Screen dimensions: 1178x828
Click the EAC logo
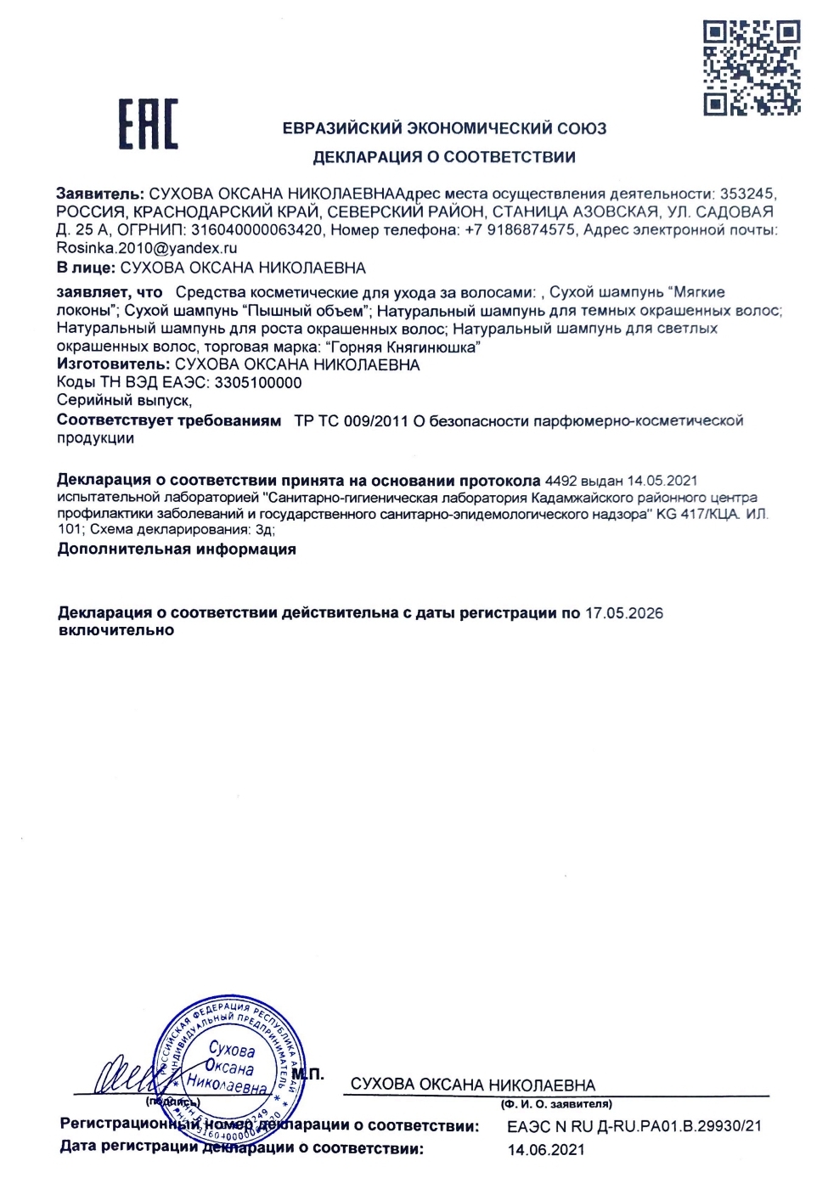(148, 125)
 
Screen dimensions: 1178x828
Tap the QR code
(752, 68)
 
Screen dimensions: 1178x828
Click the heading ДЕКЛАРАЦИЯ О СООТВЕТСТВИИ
(444, 157)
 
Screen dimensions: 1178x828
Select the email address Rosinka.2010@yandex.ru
(147, 248)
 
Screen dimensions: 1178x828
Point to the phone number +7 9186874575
(520, 230)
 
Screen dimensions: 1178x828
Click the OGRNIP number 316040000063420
(256, 230)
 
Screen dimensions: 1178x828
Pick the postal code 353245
(747, 194)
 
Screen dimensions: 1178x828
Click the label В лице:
(86, 268)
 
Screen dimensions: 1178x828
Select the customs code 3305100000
(258, 383)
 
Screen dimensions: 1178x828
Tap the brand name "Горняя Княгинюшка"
(403, 347)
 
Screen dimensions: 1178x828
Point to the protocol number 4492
(560, 481)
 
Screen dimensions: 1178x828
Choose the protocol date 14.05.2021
(662, 481)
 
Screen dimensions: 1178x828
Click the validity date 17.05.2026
(624, 613)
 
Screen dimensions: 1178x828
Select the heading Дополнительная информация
(177, 550)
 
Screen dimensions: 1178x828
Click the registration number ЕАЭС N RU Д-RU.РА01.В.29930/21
(634, 1127)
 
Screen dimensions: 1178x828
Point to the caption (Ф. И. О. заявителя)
(556, 1104)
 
